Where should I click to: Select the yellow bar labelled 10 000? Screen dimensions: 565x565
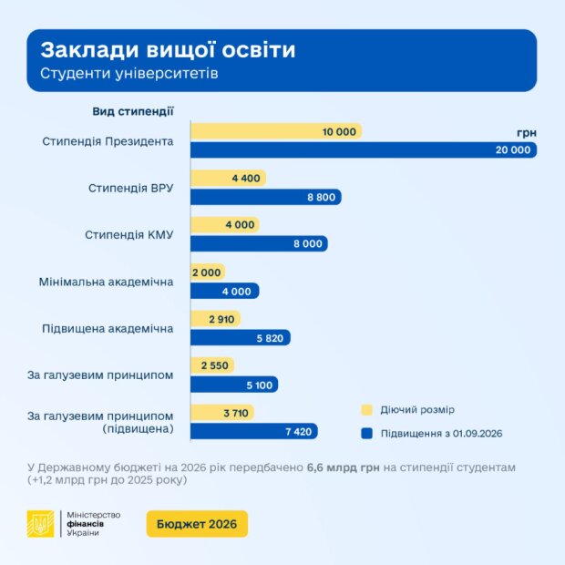(x=275, y=132)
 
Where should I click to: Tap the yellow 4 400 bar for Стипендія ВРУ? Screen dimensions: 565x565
(x=228, y=179)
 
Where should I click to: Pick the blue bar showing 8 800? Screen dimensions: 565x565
(x=265, y=197)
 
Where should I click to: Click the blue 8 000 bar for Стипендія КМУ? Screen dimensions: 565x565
(x=258, y=243)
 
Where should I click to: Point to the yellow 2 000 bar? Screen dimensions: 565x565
(x=207, y=272)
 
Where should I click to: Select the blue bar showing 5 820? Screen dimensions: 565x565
(x=241, y=337)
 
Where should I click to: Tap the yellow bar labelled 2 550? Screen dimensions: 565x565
(x=211, y=365)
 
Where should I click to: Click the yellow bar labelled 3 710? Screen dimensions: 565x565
(x=221, y=413)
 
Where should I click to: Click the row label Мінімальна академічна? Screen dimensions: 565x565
(x=106, y=282)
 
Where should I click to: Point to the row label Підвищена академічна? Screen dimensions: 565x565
(x=108, y=328)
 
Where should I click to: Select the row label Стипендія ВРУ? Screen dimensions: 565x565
(x=130, y=188)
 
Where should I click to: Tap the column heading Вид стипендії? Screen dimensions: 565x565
(x=133, y=111)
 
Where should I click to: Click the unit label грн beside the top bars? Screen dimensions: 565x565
(x=526, y=133)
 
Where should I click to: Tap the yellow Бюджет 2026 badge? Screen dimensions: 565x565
(x=197, y=524)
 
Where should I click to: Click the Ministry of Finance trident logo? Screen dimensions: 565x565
(x=41, y=524)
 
